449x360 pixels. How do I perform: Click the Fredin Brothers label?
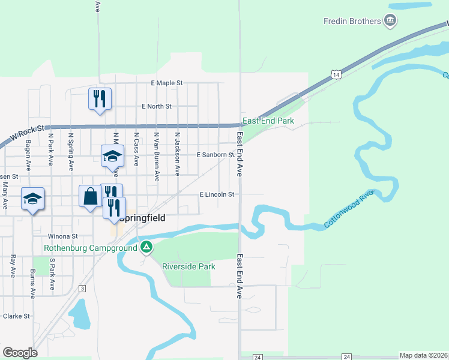pos(352,21)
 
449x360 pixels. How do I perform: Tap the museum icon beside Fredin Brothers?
pos(391,21)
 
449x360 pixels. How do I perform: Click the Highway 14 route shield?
pos(337,74)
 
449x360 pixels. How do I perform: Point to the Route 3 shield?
pos(82,289)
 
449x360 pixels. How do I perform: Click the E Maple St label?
pos(166,83)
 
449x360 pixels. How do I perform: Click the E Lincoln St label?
pos(217,194)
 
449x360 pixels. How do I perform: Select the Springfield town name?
pos(142,218)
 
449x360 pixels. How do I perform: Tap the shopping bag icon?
pos(90,196)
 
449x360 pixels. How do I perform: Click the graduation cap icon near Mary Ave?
pos(32,199)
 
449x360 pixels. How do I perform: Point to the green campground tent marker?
pos(146,247)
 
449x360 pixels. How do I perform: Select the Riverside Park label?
pos(188,266)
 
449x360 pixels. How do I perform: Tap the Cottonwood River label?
pos(349,209)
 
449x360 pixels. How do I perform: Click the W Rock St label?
pos(25,133)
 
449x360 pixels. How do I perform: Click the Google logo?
pos(20,353)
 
